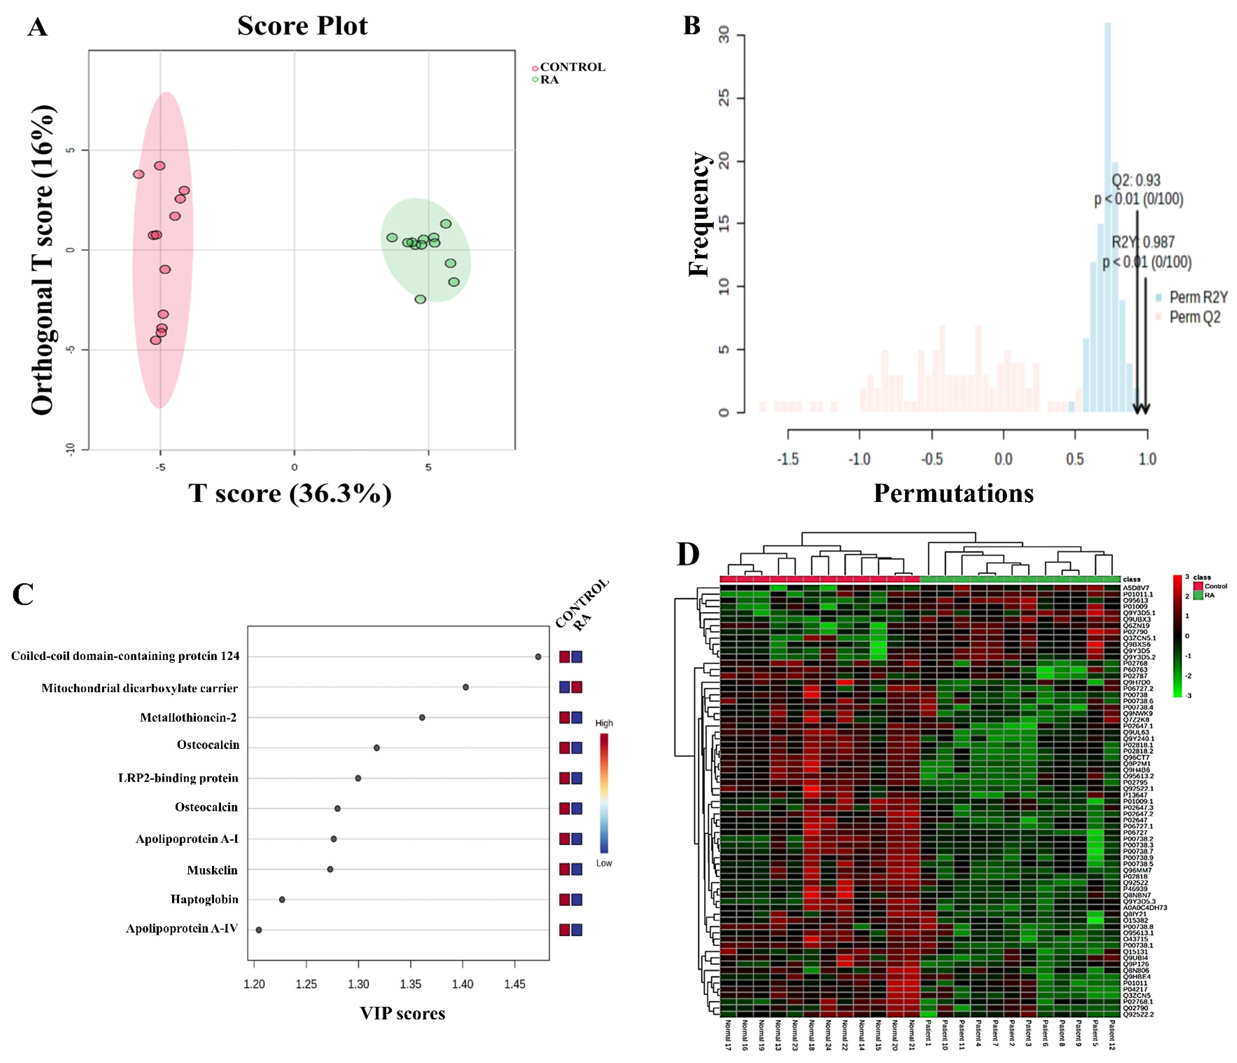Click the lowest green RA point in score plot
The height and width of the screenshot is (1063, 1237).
[420, 299]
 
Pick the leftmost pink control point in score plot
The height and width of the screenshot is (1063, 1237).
[138, 174]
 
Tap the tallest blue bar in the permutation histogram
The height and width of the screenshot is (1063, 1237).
[1107, 215]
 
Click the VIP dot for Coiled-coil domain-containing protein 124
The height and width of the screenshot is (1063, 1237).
[538, 657]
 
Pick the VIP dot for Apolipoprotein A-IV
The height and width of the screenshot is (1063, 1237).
[258, 930]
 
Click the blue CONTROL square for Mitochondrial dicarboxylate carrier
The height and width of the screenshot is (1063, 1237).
[564, 687]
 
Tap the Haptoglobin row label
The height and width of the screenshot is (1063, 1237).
[204, 899]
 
